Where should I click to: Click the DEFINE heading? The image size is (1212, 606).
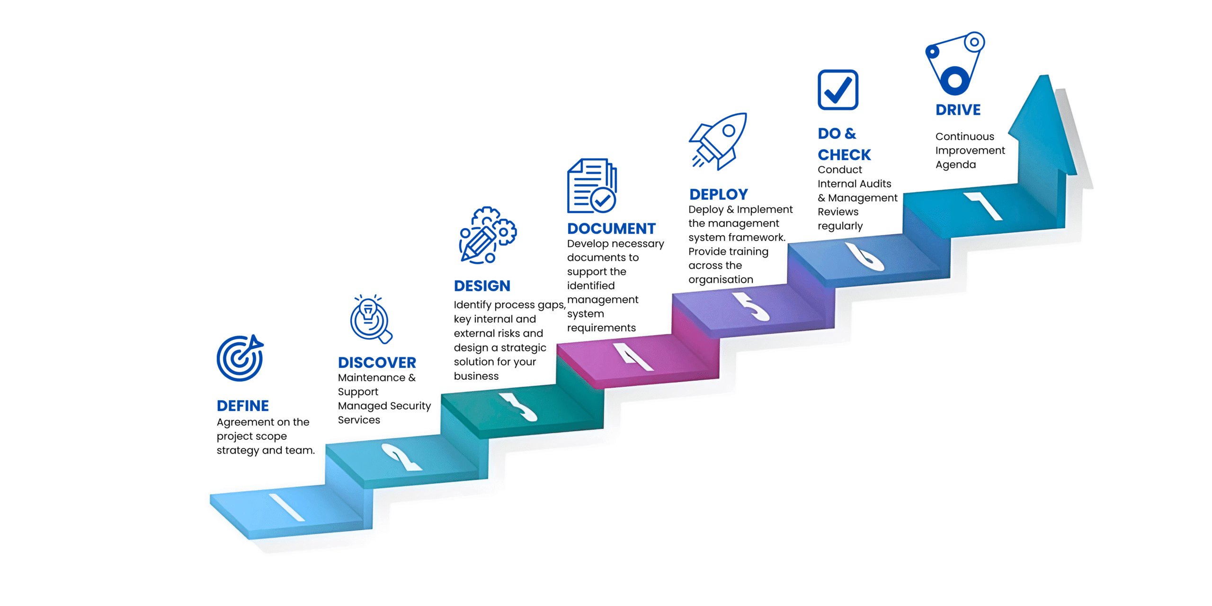tap(242, 406)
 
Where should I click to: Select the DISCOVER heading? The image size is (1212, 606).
tap(377, 363)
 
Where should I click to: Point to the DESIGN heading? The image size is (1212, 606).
tap(482, 286)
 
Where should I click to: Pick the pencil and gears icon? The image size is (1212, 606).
tap(487, 235)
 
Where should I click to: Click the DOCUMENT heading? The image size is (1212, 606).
tap(611, 229)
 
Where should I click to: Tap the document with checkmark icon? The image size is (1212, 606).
tap(592, 186)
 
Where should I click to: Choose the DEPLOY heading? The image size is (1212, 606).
tap(718, 195)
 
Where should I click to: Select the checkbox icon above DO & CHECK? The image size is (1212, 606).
tap(838, 90)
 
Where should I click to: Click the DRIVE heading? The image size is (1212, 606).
tap(958, 110)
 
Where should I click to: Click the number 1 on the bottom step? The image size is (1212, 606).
tap(286, 508)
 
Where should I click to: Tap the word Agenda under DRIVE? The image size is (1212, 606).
tap(955, 165)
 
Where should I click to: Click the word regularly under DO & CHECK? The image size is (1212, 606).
tap(840, 226)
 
